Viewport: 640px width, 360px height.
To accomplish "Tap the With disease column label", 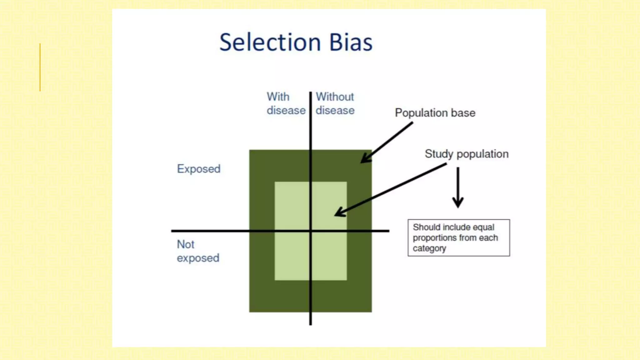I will click(x=286, y=103).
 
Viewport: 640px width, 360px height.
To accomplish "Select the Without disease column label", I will click(x=335, y=103).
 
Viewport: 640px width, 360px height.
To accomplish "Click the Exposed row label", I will click(x=199, y=169).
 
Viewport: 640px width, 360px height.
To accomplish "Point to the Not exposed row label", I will click(x=198, y=251).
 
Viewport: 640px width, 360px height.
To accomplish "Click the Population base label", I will click(x=435, y=113).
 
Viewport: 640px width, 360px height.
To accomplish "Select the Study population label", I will click(x=466, y=154).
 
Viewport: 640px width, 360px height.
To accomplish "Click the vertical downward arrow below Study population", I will click(x=458, y=187).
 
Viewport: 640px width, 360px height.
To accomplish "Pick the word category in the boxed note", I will click(x=429, y=248).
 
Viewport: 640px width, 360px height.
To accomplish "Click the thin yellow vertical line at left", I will click(x=40, y=67).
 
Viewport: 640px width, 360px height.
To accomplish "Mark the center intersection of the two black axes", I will click(x=310, y=231).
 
